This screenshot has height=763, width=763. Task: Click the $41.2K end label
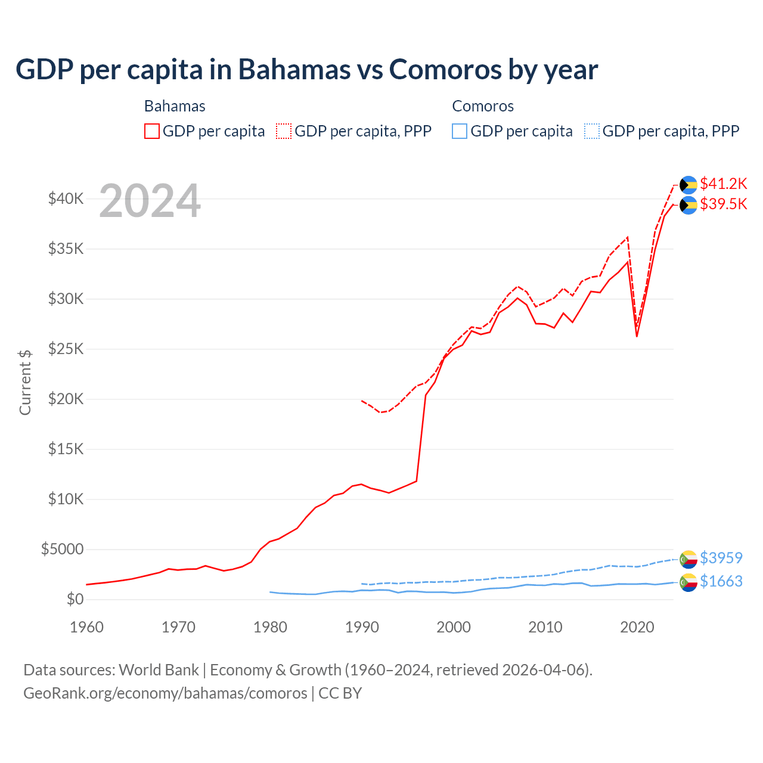coord(723,183)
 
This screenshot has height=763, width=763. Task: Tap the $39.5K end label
coord(723,204)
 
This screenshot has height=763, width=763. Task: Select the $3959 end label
coord(721,558)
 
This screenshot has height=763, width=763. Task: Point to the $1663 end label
coord(721,581)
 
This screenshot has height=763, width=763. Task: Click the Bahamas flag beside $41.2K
coord(688,185)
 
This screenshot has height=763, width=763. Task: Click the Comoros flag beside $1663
coord(688,582)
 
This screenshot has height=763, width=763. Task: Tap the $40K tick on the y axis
coord(66,199)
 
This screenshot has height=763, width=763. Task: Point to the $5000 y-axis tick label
coord(62,549)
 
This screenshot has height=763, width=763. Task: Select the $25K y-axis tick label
coord(66,349)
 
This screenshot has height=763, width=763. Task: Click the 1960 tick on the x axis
coord(87,627)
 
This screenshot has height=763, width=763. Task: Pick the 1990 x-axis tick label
coord(362,627)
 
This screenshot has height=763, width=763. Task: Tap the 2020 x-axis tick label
coord(637,627)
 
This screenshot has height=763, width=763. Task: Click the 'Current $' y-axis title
coord(25,382)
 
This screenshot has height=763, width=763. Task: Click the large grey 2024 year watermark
coord(150,201)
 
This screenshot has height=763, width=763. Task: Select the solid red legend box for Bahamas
coord(152,131)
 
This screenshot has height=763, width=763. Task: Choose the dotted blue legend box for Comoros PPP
coord(591,131)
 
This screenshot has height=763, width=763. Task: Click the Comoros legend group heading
coord(483,106)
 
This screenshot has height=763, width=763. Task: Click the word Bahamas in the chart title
coord(294,69)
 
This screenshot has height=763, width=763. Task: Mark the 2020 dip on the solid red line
coord(637,336)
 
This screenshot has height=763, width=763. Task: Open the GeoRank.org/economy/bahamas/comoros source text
coord(165,693)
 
